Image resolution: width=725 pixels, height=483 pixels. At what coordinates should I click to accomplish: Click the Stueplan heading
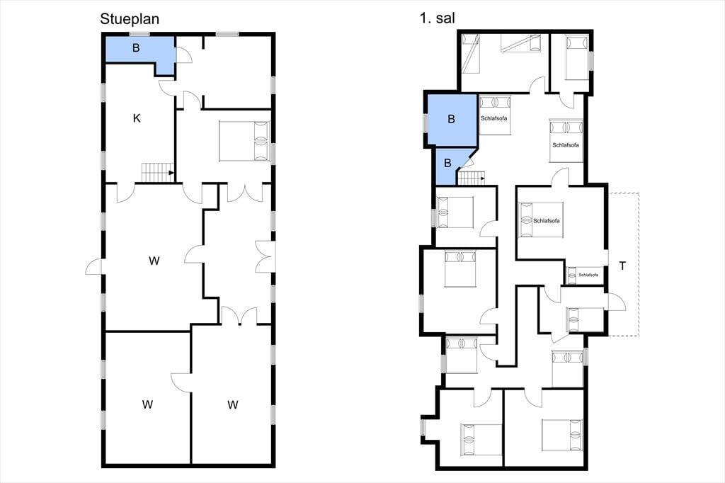(130, 19)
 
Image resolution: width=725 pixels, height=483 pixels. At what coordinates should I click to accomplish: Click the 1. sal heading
(437, 18)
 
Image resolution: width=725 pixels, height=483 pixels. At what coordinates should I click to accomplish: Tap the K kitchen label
(137, 118)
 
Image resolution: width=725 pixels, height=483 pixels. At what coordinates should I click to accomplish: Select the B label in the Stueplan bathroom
(136, 47)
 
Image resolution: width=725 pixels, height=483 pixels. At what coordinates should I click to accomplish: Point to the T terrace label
(623, 266)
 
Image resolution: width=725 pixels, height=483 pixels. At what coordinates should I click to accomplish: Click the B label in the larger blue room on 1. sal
(451, 120)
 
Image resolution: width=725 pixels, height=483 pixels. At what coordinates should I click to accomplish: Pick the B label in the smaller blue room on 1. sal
(447, 164)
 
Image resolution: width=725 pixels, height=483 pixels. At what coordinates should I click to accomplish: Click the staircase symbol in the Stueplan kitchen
(158, 173)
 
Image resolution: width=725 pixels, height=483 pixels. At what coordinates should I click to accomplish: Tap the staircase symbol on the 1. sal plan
(471, 178)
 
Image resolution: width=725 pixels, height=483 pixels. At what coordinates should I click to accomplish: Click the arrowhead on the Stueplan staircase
(171, 173)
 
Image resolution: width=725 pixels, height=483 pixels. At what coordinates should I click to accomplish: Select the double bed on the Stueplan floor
(244, 141)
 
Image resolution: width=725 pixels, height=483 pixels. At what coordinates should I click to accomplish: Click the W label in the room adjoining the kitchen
(154, 261)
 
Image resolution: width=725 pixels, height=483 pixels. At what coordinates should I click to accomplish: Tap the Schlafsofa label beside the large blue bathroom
(493, 118)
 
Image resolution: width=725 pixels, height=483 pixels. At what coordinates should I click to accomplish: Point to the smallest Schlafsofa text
(588, 275)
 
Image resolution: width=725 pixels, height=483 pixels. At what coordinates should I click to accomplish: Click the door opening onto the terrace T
(616, 302)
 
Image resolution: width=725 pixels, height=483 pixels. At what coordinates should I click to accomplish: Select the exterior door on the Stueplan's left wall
(96, 266)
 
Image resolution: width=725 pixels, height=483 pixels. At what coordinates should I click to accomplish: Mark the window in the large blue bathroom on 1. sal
(426, 123)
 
